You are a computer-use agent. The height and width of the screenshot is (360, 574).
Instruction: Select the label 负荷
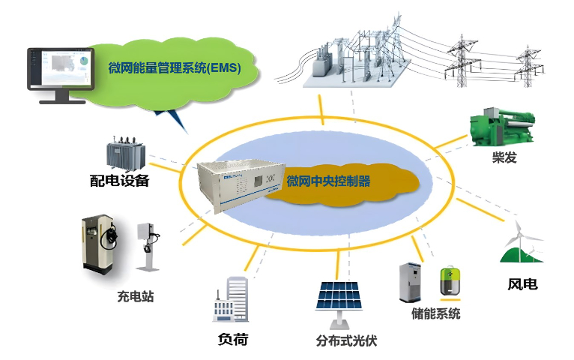coord(232,340)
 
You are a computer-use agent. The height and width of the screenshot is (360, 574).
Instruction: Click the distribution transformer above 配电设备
coord(123,152)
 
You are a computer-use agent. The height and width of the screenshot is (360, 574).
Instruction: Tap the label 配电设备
coord(120,180)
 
